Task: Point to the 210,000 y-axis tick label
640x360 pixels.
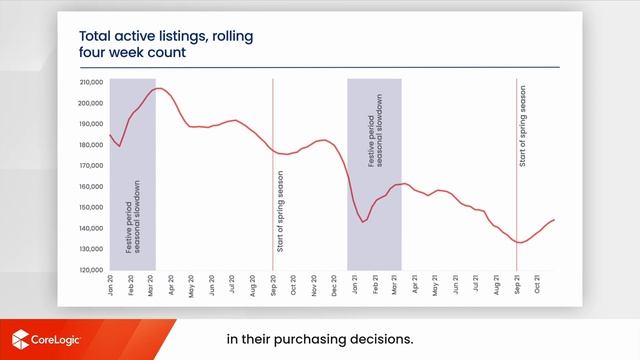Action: [x=91, y=81]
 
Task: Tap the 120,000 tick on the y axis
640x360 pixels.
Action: [x=91, y=270]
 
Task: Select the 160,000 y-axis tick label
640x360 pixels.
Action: [x=91, y=186]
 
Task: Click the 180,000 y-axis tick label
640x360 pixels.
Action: [x=91, y=144]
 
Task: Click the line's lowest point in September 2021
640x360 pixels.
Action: [x=520, y=242]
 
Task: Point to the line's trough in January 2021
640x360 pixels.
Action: [x=365, y=221]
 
